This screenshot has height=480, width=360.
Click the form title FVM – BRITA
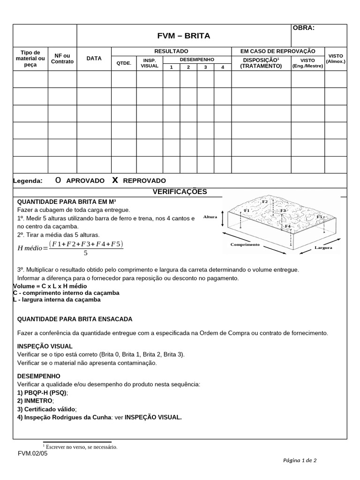tap(183, 36)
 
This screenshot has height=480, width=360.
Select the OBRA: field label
tap(304, 28)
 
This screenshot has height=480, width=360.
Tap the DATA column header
tap(94, 59)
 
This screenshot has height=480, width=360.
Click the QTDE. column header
tap(124, 63)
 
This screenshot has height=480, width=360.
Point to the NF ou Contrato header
tap(62, 59)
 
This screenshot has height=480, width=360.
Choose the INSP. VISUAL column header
tap(150, 63)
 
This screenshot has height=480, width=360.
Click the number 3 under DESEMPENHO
tap(205, 67)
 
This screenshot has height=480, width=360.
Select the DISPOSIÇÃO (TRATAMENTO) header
tap(261, 63)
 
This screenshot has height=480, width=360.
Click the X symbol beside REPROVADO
tap(114, 180)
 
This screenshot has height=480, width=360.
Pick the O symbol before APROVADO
tap(58, 180)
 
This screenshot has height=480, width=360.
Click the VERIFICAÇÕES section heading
tap(180, 192)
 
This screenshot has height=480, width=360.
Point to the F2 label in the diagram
tap(265, 202)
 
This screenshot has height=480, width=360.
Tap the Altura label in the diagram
tap(210, 217)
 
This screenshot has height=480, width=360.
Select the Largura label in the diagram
tap(323, 247)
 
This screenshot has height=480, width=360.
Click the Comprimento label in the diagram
tap(245, 245)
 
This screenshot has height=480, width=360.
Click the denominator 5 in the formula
tap(85, 254)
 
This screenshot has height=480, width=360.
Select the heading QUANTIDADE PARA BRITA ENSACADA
tap(75, 319)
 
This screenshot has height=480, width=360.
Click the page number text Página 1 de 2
tap(300, 460)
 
